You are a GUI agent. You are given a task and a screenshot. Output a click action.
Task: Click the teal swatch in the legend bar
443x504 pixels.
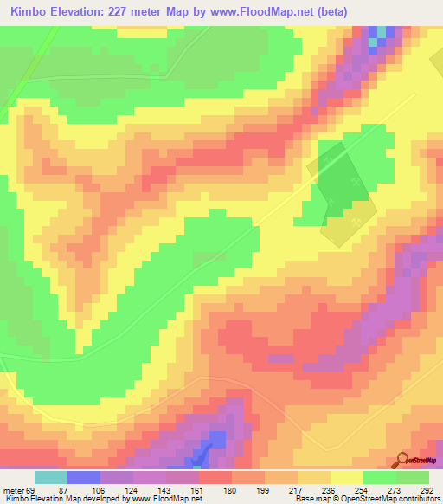(50, 477)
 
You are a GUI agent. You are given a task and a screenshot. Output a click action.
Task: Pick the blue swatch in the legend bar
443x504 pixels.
(83, 477)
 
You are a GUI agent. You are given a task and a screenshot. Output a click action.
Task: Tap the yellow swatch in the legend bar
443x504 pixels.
(346, 477)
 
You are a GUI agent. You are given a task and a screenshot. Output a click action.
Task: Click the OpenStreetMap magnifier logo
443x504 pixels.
(402, 459)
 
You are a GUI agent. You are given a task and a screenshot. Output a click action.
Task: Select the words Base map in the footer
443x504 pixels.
(309, 500)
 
